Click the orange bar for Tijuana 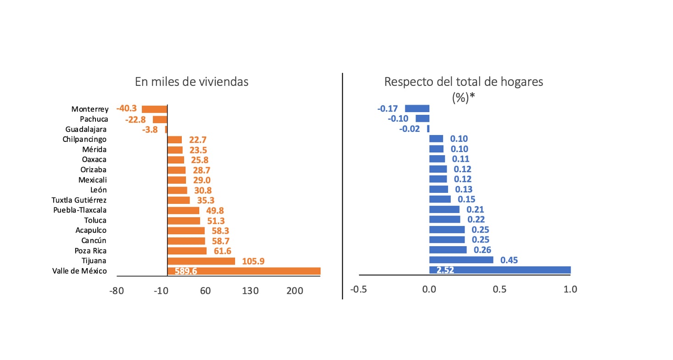click(201, 261)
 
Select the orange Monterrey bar click(154, 109)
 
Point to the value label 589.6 click(186, 271)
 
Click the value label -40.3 click(127, 109)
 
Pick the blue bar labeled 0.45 click(461, 260)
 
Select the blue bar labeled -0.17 click(417, 108)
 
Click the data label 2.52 click(445, 270)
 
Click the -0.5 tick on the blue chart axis click(358, 289)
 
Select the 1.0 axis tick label click(570, 289)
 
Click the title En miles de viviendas click(191, 82)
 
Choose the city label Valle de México click(80, 271)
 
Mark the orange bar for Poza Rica click(187, 251)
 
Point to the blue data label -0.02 click(409, 129)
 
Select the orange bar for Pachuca click(160, 119)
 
